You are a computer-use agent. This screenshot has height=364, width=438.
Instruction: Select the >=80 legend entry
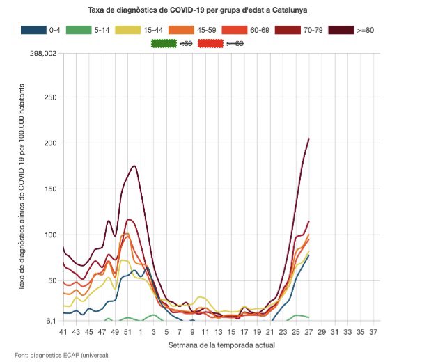[361, 30]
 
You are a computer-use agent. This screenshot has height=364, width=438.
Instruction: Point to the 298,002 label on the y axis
[41, 52]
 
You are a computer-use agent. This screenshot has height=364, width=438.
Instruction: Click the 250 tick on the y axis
[49, 97]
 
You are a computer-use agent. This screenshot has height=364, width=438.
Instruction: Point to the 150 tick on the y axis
[49, 189]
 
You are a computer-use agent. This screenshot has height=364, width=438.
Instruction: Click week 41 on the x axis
[63, 331]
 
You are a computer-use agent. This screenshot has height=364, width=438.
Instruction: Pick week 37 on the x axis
[373, 331]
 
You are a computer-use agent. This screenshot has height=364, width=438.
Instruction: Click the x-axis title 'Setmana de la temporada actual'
[217, 345]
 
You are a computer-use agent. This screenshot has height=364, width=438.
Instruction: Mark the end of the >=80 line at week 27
[308, 139]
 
